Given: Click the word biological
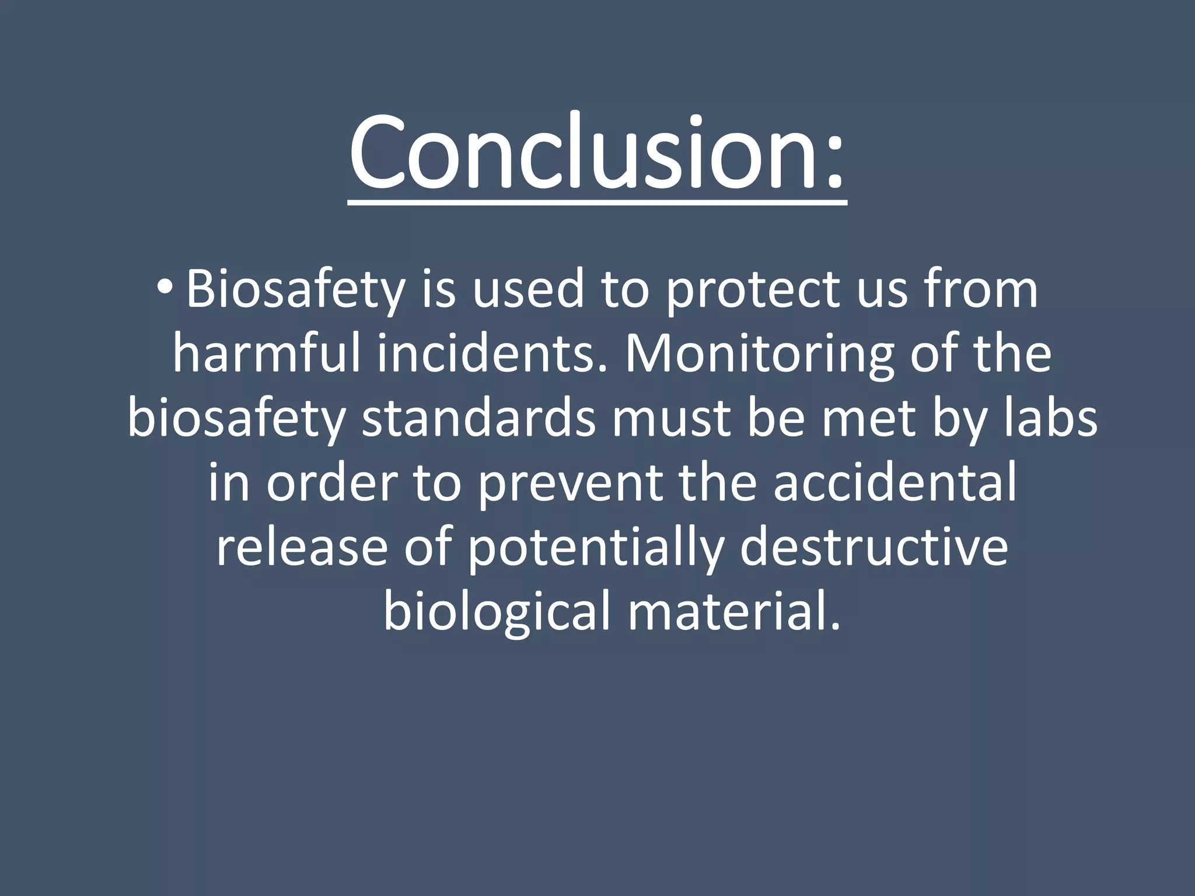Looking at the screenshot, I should (497, 611).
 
